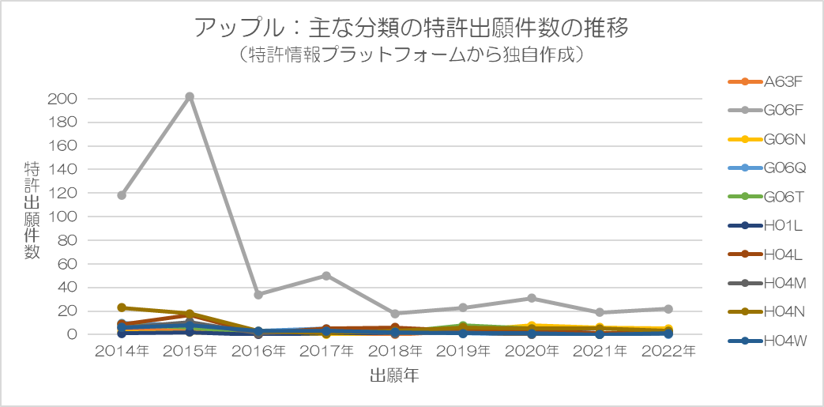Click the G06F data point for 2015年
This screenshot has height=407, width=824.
190,96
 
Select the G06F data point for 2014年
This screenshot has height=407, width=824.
122,195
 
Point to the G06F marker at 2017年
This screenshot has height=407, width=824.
326,276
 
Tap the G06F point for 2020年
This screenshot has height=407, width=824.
531,298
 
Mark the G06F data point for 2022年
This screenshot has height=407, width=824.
668,309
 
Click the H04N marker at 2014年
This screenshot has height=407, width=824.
122,307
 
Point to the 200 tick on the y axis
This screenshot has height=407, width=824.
62,99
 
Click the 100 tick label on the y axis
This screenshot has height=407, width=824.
62,217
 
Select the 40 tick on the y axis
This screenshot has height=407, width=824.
67,288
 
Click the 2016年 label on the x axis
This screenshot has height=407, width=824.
258,352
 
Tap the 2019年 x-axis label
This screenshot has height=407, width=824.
463,352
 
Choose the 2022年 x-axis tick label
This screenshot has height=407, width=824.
668,352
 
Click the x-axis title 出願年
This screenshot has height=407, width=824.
395,376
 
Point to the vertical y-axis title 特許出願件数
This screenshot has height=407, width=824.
32,210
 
